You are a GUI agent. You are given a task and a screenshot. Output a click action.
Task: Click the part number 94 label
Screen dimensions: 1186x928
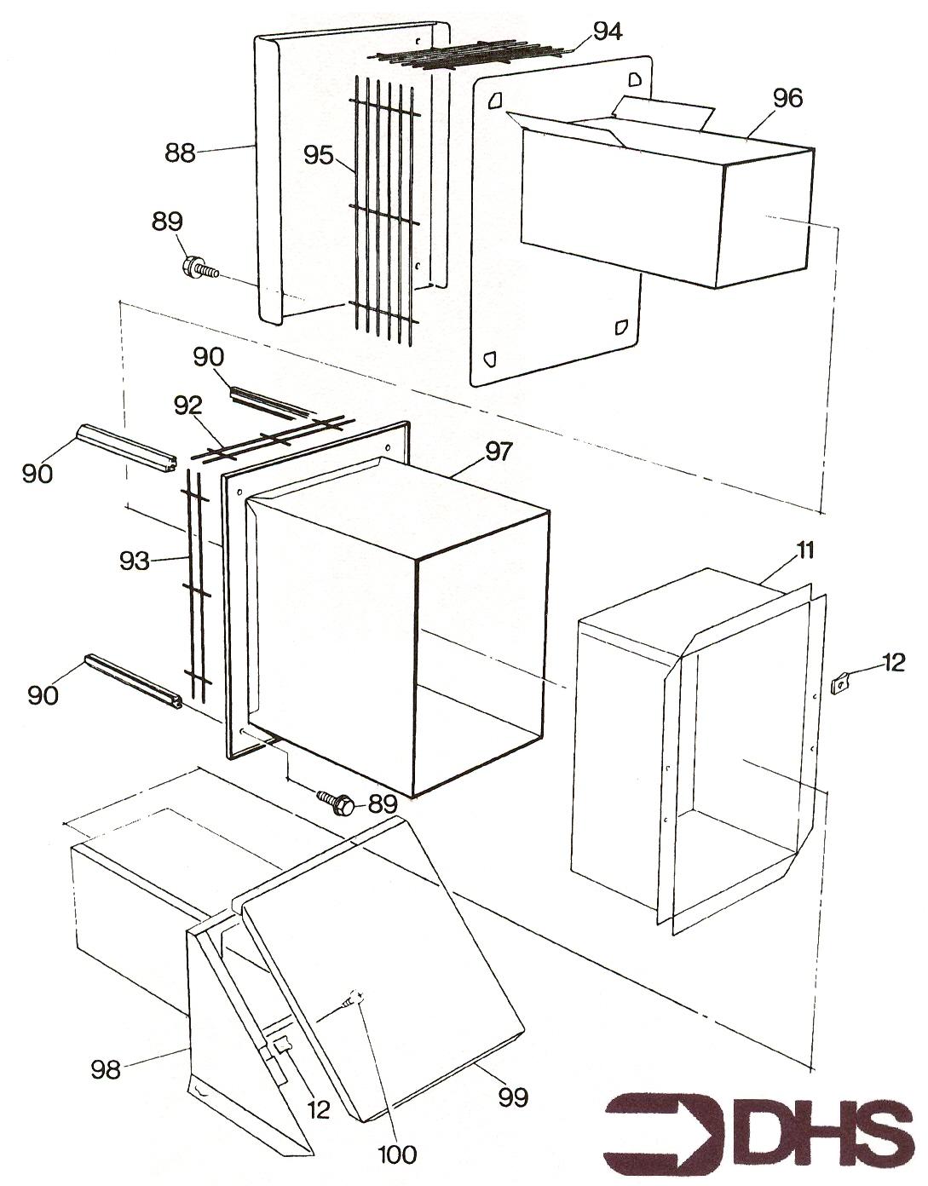coord(608,31)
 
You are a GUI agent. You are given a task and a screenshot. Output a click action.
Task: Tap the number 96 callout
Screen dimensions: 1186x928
coord(787,99)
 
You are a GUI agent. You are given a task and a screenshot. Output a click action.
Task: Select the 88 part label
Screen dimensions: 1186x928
coord(180,153)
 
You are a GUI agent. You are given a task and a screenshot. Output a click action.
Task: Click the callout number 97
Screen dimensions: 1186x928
coord(499,452)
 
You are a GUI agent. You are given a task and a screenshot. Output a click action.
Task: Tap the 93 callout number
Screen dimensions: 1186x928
coord(135,561)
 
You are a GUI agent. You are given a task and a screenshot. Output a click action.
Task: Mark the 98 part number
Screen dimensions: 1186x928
coord(107,1068)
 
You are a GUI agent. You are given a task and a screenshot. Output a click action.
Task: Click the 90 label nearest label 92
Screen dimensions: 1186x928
coord(208,358)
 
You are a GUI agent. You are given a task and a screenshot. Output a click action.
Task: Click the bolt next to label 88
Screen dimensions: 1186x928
coord(199,268)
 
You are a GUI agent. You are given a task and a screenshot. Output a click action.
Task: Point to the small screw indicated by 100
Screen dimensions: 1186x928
coord(354,999)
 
